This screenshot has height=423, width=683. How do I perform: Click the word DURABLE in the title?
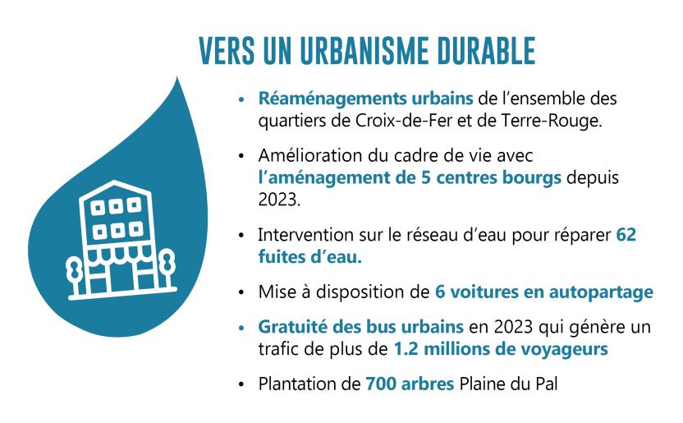(x=486, y=51)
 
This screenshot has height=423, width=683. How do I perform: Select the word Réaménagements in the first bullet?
(x=332, y=99)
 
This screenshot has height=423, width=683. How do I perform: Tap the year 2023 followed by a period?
(x=279, y=200)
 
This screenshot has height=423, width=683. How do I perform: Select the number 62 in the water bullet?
(x=626, y=235)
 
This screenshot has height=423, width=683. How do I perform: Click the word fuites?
(x=282, y=256)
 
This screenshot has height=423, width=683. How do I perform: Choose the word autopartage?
(x=601, y=292)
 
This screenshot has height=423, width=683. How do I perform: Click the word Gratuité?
(x=293, y=327)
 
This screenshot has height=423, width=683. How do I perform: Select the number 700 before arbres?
(x=381, y=384)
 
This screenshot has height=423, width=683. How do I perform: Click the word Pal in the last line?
(x=546, y=384)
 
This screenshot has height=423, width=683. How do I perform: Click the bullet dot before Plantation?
(x=241, y=384)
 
